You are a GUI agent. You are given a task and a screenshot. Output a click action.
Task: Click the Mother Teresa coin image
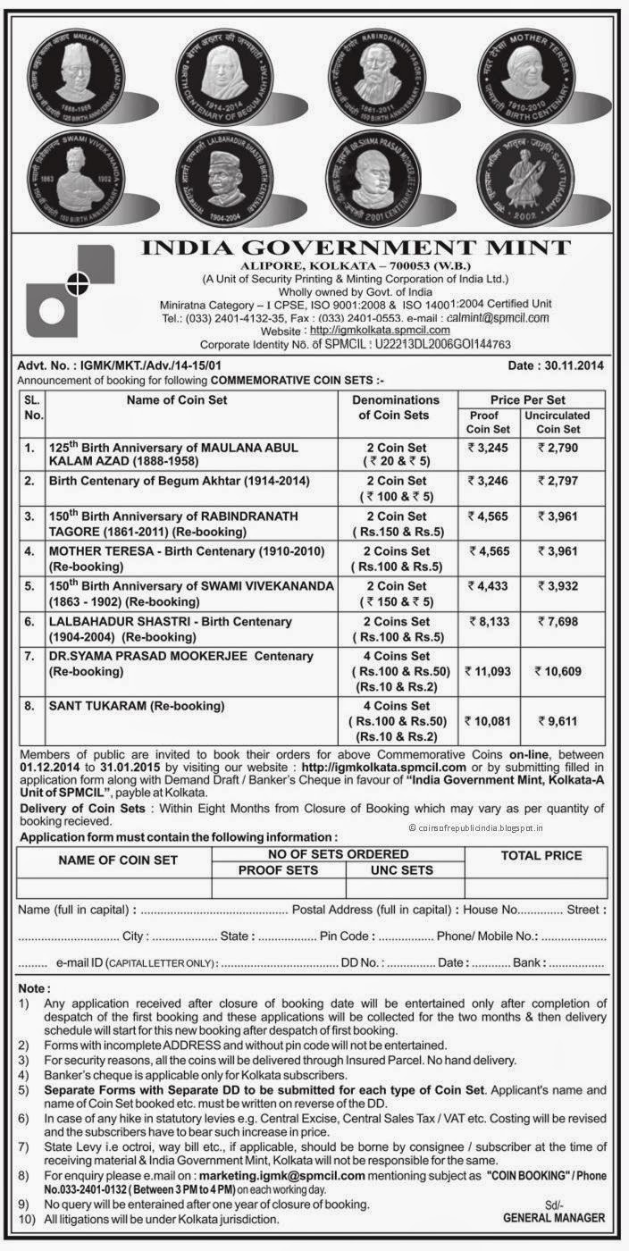pyautogui.click(x=547, y=74)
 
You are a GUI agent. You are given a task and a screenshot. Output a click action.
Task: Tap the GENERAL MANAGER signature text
pyautogui.click(x=554, y=1217)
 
